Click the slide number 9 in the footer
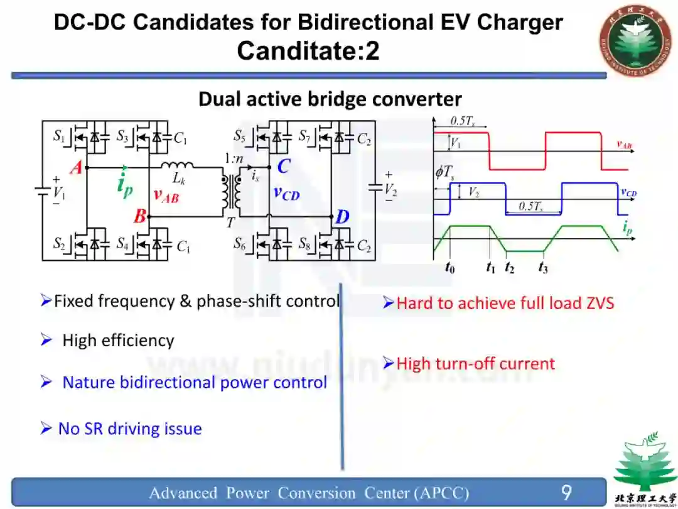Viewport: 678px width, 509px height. coord(566,492)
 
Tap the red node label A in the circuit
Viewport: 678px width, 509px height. coord(76,168)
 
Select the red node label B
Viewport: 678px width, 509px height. coord(139,217)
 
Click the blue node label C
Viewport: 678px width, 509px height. coord(284,167)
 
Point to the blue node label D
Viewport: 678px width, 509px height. coord(342,217)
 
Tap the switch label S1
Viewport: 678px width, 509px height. coord(59,135)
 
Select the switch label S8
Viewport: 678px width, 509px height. coord(304,243)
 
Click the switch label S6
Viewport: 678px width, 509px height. coord(240,243)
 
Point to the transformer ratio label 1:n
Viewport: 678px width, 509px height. coord(234,159)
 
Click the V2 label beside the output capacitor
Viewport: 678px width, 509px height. coord(390,188)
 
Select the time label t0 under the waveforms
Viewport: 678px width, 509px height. coord(449,268)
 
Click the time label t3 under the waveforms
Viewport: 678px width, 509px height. coord(543,268)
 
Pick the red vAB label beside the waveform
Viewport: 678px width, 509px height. coord(624,145)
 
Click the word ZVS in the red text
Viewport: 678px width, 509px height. coord(595,304)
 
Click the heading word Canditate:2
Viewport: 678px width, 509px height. coord(308,51)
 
